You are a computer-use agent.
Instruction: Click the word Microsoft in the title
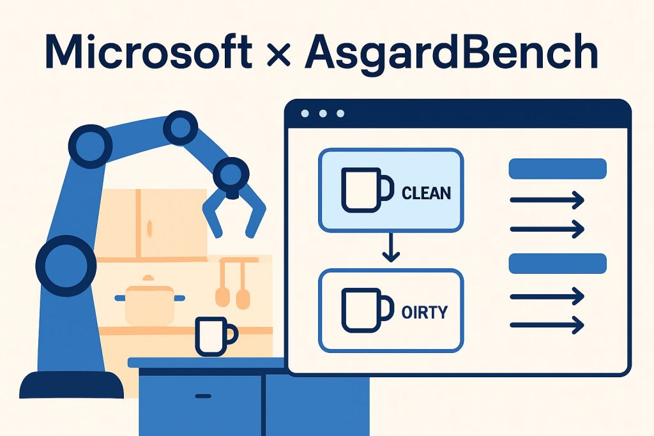pos(148,52)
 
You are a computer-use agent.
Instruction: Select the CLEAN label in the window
pos(426,193)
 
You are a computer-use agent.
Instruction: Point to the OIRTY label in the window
pos(425,312)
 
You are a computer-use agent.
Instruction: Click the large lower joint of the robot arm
pos(66,266)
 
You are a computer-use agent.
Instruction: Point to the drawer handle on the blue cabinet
pos(203,396)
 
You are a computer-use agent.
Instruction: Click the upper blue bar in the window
pos(558,169)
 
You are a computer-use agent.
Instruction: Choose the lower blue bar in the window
pos(558,264)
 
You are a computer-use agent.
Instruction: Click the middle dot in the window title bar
pos(323,114)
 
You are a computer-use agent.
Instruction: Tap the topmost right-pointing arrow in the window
pos(547,200)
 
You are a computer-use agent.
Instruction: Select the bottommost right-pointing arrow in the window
pos(547,325)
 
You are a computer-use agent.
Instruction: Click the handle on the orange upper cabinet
pos(149,229)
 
